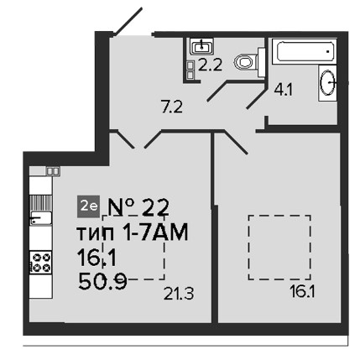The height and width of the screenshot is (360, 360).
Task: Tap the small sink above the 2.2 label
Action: (x=201, y=46)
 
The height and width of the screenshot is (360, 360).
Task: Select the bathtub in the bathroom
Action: (x=305, y=51)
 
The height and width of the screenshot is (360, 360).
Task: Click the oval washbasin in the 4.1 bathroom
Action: (x=327, y=82)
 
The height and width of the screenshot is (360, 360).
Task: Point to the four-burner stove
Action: (x=41, y=263)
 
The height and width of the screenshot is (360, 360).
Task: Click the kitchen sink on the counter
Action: (x=41, y=217)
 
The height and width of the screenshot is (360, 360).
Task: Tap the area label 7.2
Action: (x=172, y=107)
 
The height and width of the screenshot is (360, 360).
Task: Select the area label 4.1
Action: (x=284, y=90)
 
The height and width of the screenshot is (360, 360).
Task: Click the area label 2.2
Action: (x=210, y=65)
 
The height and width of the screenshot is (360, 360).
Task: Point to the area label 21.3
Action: (x=179, y=294)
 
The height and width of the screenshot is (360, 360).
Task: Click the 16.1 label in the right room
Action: (x=302, y=293)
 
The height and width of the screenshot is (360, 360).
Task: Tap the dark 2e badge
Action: (x=88, y=206)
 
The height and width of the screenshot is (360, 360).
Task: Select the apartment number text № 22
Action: (x=138, y=207)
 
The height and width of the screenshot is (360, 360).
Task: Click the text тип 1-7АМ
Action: (x=132, y=232)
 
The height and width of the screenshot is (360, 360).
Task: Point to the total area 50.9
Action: (x=102, y=281)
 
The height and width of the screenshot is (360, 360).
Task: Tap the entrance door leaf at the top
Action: (x=129, y=22)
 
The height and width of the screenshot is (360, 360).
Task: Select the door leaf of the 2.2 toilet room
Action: (x=217, y=91)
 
